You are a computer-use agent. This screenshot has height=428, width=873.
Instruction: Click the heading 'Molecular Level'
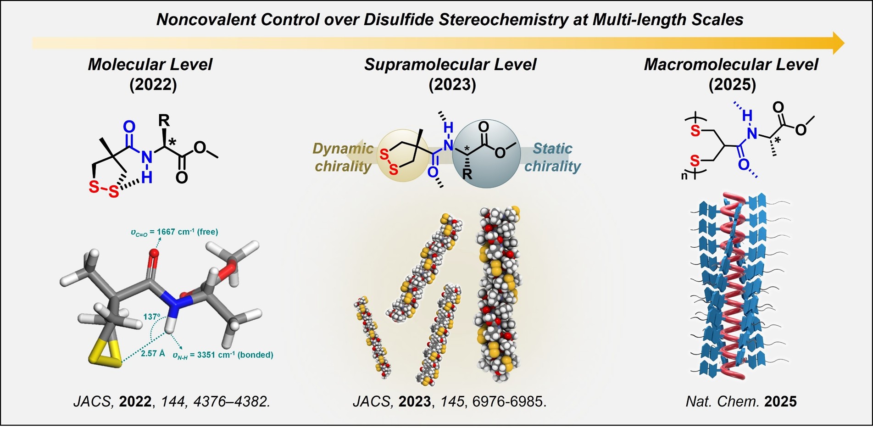150,64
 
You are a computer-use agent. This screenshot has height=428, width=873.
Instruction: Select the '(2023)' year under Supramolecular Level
452,85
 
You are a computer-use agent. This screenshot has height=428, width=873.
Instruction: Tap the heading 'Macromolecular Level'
731,64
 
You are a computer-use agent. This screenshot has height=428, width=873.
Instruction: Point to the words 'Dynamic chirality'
343,157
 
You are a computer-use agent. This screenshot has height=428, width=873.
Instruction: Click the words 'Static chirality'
552,157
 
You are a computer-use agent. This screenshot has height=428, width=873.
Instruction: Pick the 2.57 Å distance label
154,353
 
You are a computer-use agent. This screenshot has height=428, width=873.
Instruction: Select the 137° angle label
152,317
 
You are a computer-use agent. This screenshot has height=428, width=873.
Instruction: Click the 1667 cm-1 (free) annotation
174,232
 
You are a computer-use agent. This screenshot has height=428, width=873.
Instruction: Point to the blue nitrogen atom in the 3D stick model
174,303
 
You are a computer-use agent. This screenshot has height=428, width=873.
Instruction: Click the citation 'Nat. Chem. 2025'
741,401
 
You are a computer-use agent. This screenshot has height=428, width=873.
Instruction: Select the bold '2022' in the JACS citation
135,401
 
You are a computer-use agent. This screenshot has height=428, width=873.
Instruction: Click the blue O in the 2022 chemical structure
130,127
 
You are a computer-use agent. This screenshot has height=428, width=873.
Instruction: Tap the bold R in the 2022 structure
164,120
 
